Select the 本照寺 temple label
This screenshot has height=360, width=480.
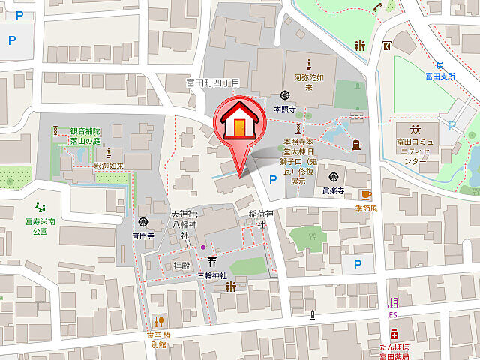[x=285, y=109]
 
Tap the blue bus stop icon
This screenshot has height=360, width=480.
[x=442, y=64]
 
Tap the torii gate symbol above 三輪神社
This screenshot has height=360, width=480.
[x=212, y=259]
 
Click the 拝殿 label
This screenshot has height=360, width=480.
[x=181, y=265]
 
